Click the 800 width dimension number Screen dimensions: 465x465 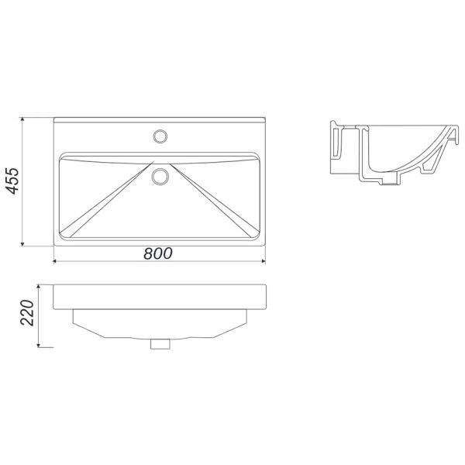pos(158,253)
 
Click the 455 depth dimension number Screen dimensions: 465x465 pos(12,181)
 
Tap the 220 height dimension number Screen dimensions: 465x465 pos(27,313)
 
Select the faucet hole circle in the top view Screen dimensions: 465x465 pos(160,136)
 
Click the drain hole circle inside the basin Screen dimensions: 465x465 pos(160,177)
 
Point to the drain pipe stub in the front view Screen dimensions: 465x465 pos(160,343)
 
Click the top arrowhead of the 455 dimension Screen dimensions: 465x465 pos(22,120)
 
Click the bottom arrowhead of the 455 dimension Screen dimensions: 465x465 pos(22,243)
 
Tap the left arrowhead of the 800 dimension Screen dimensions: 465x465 pos(56,261)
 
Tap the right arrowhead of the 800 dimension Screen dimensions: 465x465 pos(263,261)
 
